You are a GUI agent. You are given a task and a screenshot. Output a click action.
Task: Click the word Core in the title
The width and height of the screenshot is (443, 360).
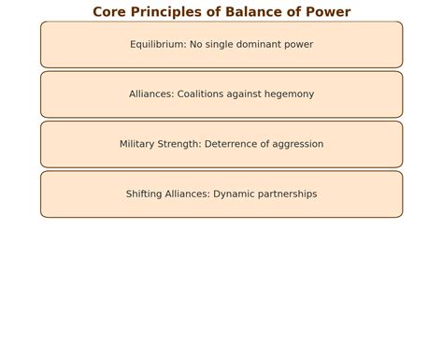click(x=108, y=12)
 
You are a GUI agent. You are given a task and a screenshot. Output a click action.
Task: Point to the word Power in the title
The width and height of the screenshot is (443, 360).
click(x=327, y=12)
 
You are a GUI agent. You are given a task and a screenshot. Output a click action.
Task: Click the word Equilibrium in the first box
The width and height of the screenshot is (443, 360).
click(x=158, y=44)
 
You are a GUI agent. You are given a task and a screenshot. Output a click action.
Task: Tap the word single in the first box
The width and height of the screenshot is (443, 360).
click(x=227, y=44)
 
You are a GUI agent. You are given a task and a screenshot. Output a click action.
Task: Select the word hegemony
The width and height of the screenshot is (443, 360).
click(x=286, y=94)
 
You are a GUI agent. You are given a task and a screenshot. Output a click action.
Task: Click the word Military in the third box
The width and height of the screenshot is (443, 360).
click(x=139, y=144)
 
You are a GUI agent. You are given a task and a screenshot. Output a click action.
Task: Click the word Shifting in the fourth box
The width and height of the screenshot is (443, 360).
click(x=145, y=194)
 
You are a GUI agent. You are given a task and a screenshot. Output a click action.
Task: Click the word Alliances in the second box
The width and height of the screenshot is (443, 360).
click(x=151, y=94)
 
